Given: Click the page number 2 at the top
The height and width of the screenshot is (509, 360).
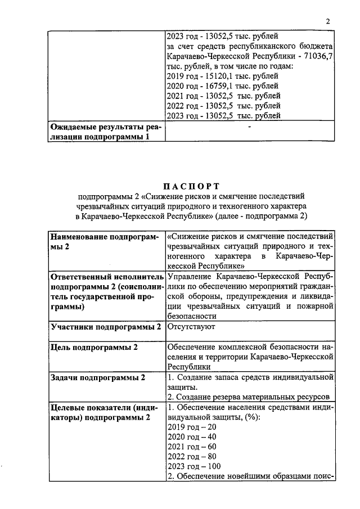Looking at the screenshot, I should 327,21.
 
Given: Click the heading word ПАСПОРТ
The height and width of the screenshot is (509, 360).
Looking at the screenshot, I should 191,186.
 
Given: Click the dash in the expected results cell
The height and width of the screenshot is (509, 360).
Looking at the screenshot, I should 249,127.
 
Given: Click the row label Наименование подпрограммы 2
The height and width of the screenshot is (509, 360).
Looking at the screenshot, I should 105,241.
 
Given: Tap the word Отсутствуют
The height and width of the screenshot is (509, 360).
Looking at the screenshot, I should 190,326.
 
